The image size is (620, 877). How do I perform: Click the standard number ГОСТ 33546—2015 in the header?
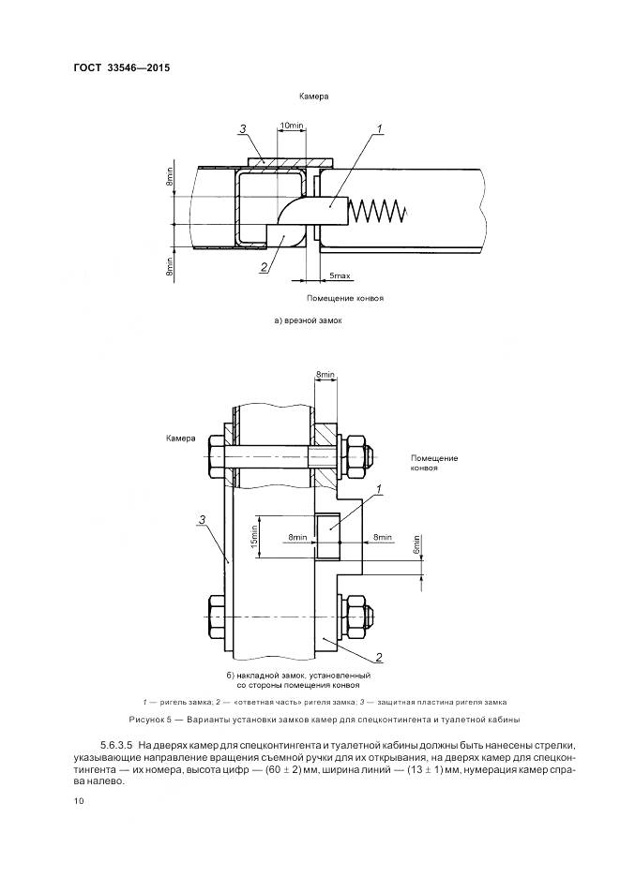tap(122, 67)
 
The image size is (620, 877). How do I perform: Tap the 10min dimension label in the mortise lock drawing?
tap(292, 126)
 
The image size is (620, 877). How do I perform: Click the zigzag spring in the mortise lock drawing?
tap(378, 212)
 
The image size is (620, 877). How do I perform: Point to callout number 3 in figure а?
tap(242, 128)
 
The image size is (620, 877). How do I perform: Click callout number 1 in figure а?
tap(380, 128)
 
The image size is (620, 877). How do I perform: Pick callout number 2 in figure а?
tap(265, 268)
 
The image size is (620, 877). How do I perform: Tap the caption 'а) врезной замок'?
tap(309, 320)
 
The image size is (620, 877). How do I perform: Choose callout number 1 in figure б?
tap(378, 488)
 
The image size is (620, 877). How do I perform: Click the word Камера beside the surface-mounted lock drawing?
tap(181, 438)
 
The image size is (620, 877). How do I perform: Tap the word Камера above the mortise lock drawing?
tap(312, 96)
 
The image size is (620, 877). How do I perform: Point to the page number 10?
tap(78, 800)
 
